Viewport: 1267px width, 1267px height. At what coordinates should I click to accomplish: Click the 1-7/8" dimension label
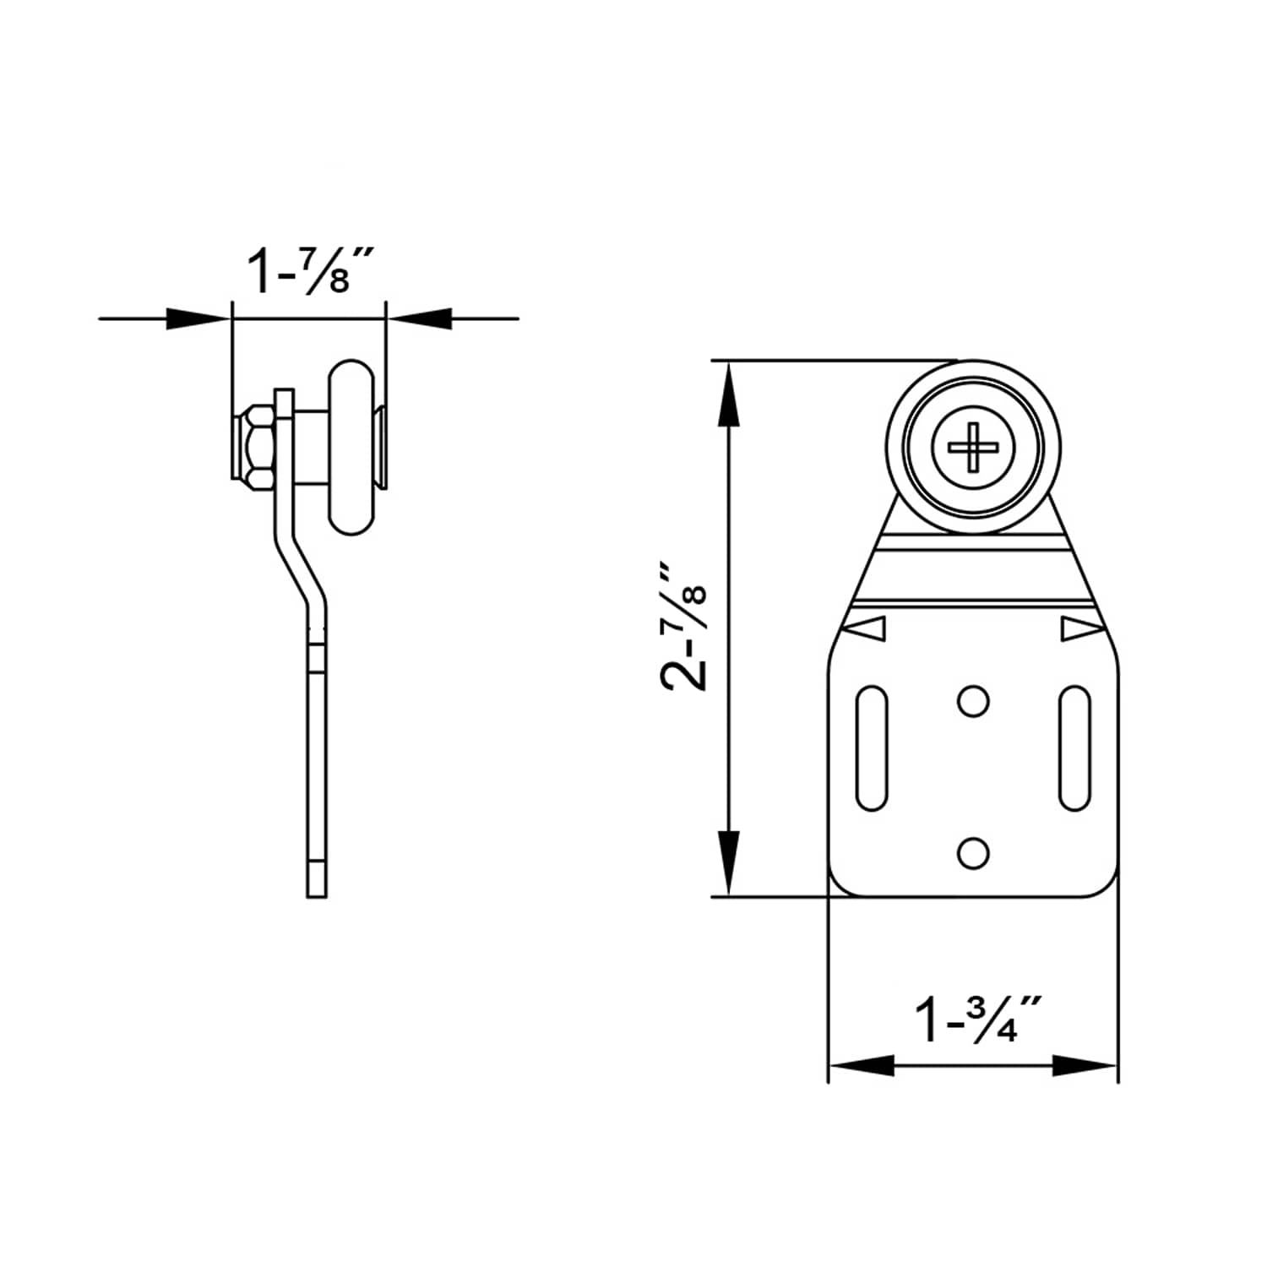click(309, 270)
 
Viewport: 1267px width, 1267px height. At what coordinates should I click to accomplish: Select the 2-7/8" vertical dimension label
click(683, 627)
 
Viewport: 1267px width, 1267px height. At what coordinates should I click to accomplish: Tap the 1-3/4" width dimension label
click(978, 1020)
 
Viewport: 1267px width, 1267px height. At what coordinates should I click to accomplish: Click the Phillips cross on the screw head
click(973, 447)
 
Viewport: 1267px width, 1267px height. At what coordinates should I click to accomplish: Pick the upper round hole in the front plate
click(973, 701)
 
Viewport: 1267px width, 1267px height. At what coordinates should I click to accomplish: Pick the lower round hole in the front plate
click(973, 852)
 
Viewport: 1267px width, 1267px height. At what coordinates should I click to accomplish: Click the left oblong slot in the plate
click(872, 748)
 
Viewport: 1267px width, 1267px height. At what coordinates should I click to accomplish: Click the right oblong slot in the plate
click(1074, 748)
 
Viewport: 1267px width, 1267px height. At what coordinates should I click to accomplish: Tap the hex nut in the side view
click(253, 444)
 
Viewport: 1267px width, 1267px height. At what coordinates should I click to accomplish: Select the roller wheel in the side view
click(351, 448)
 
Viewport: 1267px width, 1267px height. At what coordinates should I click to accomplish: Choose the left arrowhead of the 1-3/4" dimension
click(862, 1065)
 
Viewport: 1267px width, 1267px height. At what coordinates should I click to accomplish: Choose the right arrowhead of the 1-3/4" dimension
click(1085, 1065)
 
